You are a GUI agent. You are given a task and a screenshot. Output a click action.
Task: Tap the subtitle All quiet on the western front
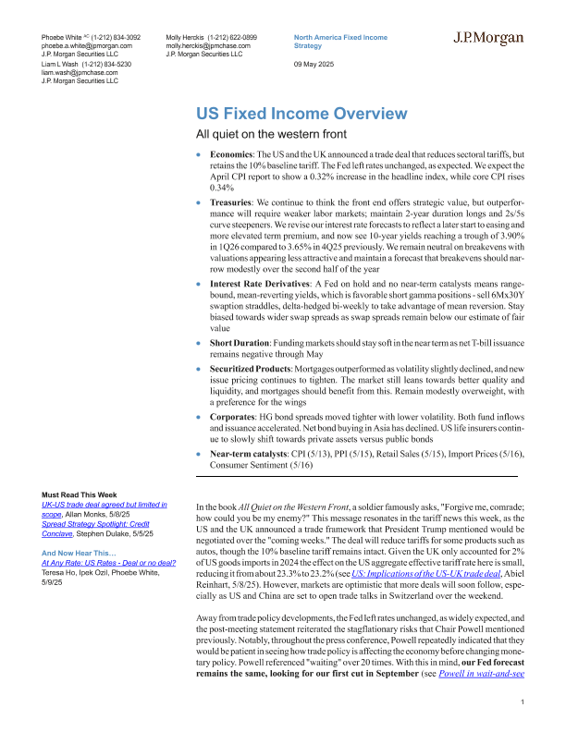pos(263,136)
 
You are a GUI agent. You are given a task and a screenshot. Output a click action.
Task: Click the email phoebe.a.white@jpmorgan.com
pos(87,44)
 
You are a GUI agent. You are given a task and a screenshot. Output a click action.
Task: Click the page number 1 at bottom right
pos(523,704)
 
